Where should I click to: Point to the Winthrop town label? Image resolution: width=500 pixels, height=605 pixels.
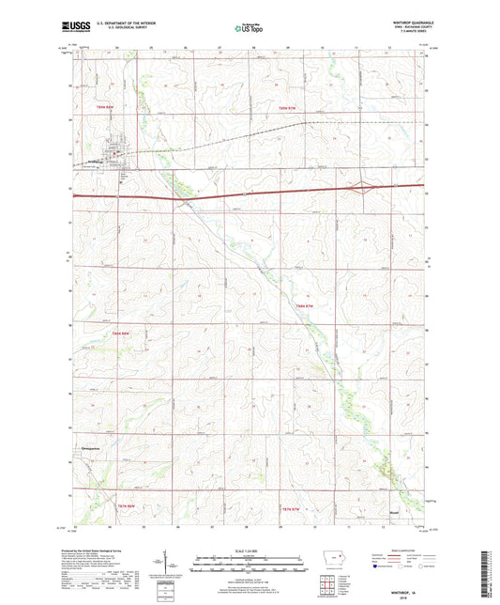tap(114, 172)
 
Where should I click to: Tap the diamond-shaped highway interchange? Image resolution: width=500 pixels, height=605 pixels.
tap(359, 188)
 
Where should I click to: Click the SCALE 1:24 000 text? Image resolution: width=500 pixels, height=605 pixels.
tap(249, 550)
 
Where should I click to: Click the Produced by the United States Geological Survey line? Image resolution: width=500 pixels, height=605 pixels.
tap(116, 549)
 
